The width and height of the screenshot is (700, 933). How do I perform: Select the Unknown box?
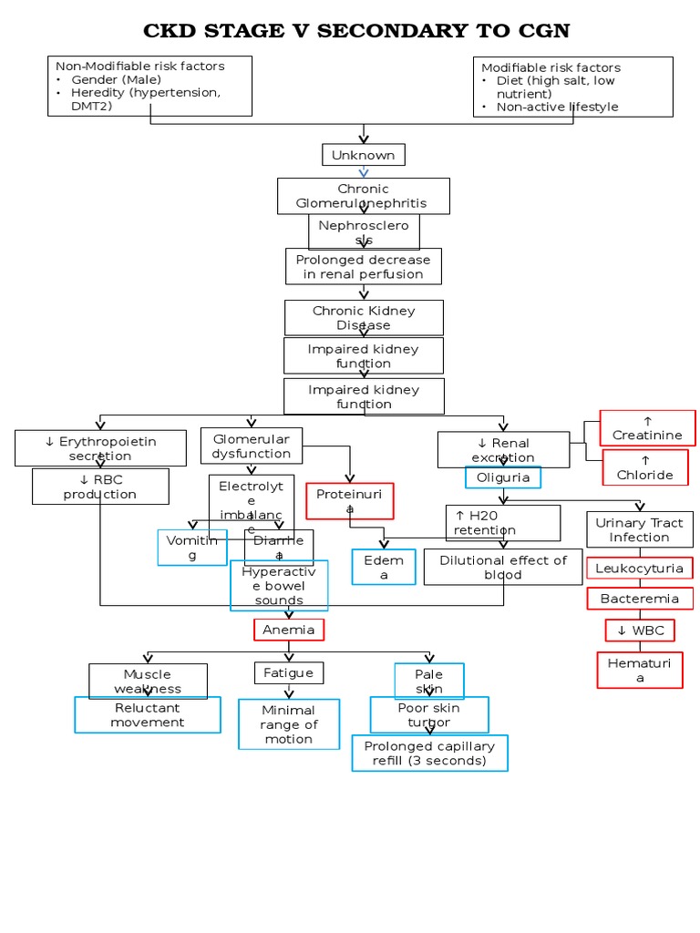coord(363,155)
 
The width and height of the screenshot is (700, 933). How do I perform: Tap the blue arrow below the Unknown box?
coord(364,172)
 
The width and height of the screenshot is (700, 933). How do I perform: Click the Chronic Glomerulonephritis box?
coord(363,196)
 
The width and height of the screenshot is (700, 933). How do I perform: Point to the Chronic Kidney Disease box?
coord(364,318)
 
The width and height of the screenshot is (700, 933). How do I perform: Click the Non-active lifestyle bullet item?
coord(557,107)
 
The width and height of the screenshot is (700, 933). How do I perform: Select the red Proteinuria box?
coord(349,500)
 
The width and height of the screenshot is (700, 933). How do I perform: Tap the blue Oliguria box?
coord(503,477)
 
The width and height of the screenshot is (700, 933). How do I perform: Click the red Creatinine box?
coord(647,427)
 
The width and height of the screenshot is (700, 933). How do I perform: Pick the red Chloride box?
coord(645,467)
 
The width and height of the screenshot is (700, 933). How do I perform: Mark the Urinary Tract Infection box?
coord(639,529)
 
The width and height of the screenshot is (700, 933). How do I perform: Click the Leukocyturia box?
coord(639,569)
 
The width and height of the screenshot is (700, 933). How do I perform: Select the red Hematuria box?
coord(640,670)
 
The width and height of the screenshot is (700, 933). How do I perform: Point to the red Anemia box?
coord(289,630)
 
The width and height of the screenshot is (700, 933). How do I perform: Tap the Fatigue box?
coord(288,672)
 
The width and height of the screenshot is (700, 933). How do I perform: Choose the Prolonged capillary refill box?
coord(429,753)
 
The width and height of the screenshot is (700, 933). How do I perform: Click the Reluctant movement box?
coord(148,715)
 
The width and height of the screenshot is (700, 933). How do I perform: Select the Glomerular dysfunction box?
coord(251,446)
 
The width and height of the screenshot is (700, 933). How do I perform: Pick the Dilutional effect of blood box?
coord(503,567)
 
